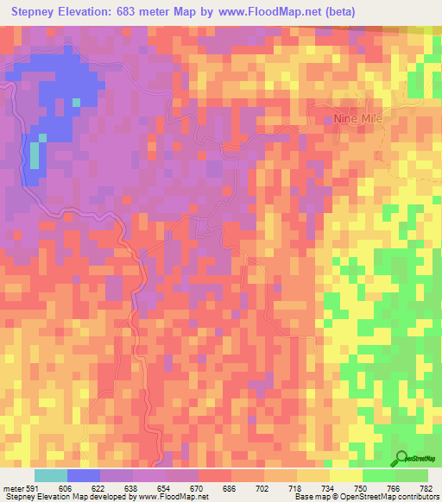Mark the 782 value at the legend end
coord(425,490)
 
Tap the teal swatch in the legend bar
coord(51,476)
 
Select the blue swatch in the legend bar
coord(84,476)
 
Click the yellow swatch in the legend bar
coord(346,476)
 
